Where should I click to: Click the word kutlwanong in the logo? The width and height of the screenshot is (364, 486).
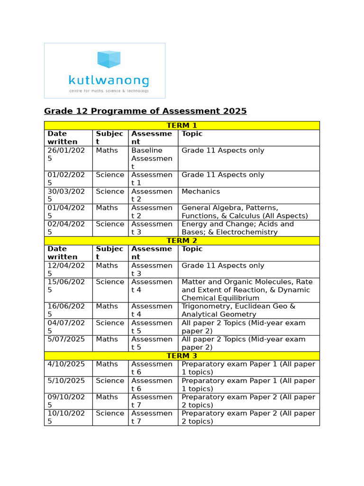pos(109,81)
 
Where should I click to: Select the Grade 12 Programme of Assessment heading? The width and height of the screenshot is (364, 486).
pos(145,111)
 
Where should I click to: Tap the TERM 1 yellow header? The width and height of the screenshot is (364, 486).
pos(182,125)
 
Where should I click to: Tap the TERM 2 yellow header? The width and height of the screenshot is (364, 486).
pos(182,241)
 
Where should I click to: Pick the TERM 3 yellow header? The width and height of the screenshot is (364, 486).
pos(182,356)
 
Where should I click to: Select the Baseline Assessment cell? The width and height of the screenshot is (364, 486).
pos(152,159)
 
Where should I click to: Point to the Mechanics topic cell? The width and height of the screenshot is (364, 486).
pos(201,191)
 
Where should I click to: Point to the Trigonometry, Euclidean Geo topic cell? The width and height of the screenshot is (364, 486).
pos(238,310)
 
